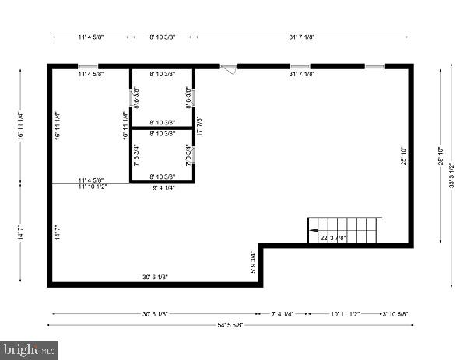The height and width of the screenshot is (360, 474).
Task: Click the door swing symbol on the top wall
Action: [x=229, y=69]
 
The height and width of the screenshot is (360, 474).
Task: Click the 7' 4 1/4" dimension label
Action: [x=282, y=314]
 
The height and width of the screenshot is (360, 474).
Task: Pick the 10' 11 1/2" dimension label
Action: [x=345, y=314]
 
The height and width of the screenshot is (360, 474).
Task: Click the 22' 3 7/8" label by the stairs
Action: [x=333, y=238]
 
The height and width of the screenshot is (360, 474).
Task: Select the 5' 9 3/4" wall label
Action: [x=252, y=263]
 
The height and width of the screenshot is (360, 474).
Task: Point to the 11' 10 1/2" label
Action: [x=93, y=187]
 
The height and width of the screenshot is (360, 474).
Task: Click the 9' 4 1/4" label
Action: [x=163, y=187]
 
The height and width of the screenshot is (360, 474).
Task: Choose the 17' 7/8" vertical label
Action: [x=199, y=125]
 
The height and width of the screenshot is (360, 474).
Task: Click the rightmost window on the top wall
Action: [x=375, y=66]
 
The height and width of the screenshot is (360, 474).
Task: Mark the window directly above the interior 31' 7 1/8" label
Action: [x=300, y=66]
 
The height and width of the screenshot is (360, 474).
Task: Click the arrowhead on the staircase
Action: [x=312, y=230]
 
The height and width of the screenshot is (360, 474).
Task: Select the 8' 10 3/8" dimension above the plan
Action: [x=163, y=37]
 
